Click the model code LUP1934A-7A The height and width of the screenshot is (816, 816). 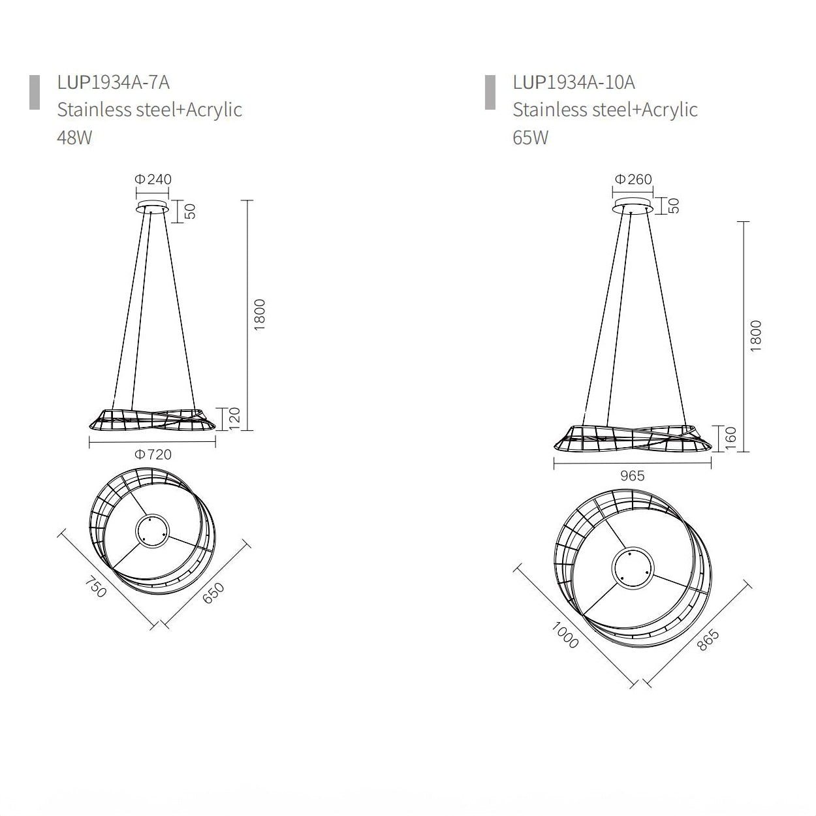(114, 82)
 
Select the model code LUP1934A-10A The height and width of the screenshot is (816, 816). (574, 82)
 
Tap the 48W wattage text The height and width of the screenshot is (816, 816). (74, 138)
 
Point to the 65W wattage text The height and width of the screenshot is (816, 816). (530, 138)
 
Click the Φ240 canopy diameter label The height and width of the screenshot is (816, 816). (153, 179)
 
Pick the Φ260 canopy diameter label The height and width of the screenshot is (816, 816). (633, 179)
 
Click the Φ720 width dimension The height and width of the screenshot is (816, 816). (153, 454)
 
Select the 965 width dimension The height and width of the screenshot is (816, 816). (632, 475)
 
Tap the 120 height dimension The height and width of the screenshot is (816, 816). (234, 419)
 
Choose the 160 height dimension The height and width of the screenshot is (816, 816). (731, 438)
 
